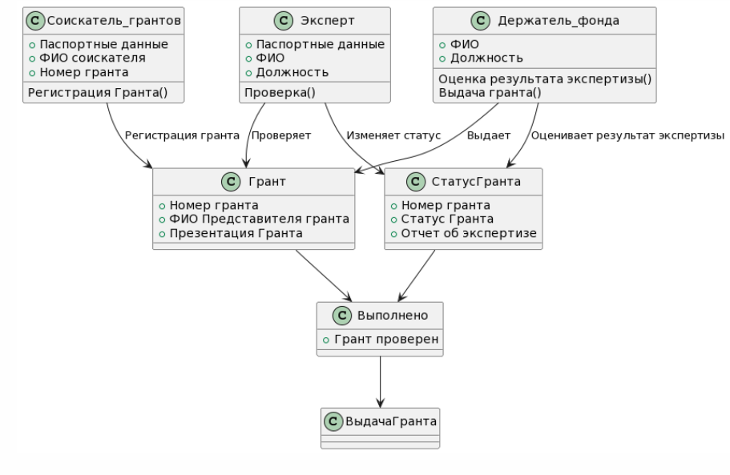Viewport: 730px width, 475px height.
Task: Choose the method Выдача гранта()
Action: point(490,91)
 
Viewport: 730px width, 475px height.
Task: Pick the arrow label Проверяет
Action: point(281,135)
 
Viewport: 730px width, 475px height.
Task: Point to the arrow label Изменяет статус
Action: point(393,135)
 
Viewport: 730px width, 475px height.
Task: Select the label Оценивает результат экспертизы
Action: point(627,135)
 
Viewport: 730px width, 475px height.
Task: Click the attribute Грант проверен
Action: point(385,340)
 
